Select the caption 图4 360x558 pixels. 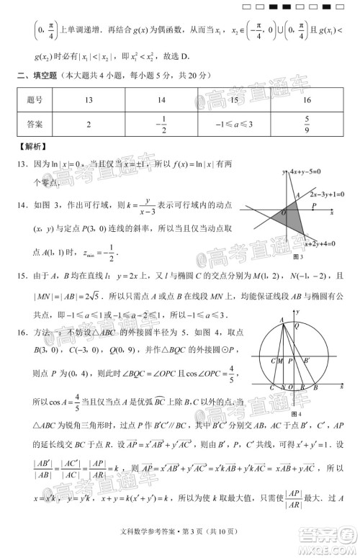pos(296,415)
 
